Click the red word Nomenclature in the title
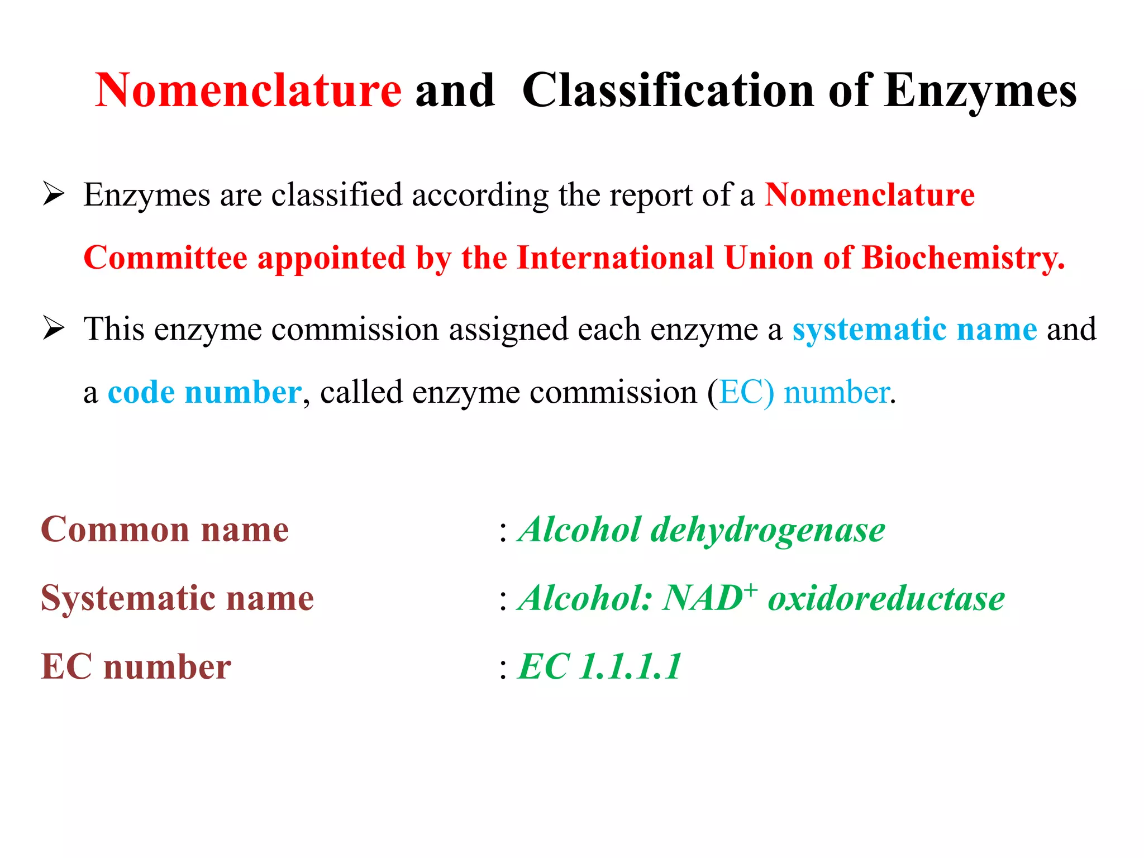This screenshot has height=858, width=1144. pos(248,90)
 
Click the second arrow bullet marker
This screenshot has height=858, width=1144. pos(54,328)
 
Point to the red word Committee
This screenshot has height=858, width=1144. pos(165,258)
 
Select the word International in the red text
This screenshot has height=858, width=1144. pos(615,258)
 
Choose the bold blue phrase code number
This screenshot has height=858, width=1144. pos(204,392)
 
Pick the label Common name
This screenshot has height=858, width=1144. pos(165,529)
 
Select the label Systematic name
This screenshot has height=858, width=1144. pos(177,599)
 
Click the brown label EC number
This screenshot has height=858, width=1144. pos(136,667)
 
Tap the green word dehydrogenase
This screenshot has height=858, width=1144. pos(768,530)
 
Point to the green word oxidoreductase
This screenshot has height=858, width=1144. pos(886,599)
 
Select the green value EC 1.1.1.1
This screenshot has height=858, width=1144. pos(600,667)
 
